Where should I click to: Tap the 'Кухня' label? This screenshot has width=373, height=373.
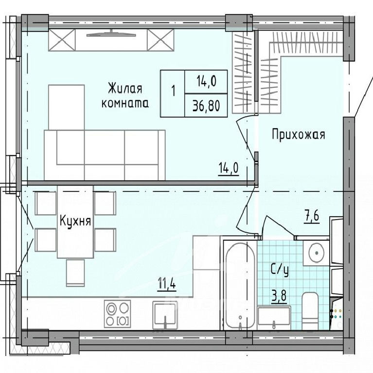click(x=75, y=221)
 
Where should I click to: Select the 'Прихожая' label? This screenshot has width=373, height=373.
click(x=299, y=135)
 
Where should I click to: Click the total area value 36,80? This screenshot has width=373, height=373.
click(x=206, y=106)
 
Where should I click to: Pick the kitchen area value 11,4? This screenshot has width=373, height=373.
click(x=167, y=283)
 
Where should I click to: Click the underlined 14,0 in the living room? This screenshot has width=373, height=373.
click(x=228, y=169)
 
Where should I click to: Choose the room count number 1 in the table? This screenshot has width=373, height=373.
click(x=173, y=91)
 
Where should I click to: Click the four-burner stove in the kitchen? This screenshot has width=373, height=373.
click(x=117, y=314)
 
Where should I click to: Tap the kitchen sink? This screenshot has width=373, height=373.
click(x=165, y=315)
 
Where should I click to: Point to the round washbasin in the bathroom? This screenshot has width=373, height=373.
click(x=316, y=253)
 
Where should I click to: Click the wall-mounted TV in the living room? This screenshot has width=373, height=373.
click(x=111, y=35)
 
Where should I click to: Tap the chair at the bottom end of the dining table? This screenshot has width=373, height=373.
click(x=75, y=273)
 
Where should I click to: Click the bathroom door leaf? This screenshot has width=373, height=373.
click(x=280, y=225)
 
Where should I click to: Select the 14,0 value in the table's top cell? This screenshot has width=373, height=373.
click(x=206, y=82)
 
